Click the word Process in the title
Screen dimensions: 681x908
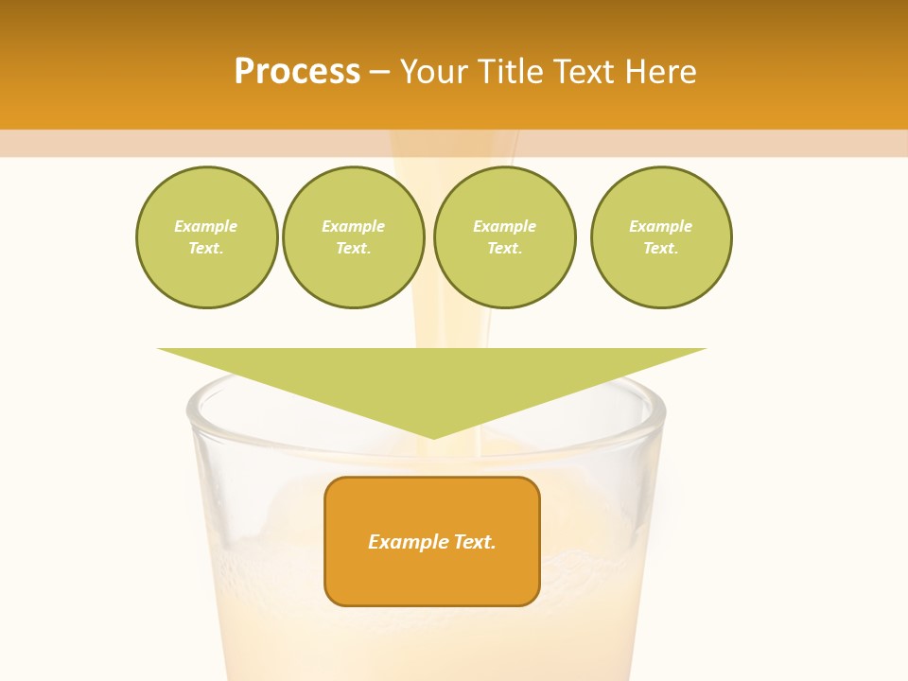pos(297,72)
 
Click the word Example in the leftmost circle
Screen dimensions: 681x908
pos(206,226)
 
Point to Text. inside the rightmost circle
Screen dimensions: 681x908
pos(661,249)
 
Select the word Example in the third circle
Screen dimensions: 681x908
pos(504,226)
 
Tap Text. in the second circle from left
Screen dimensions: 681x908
pos(354,249)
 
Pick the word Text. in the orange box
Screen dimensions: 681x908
pos(474,542)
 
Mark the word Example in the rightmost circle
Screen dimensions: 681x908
pos(661,226)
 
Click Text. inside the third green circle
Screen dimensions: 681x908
pos(504,249)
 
